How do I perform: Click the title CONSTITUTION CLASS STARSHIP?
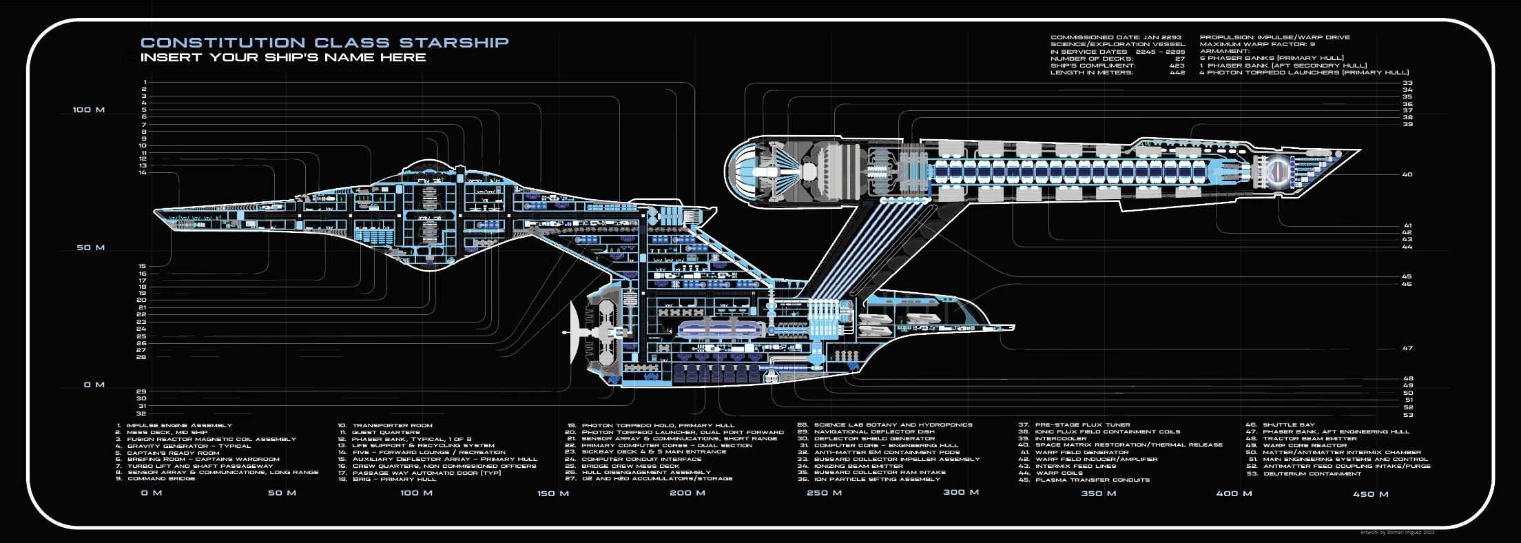point(324,43)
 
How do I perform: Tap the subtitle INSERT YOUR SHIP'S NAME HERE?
point(283,57)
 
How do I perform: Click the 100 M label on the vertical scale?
point(89,110)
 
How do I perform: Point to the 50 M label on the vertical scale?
point(90,247)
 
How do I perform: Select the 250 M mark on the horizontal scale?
point(824,493)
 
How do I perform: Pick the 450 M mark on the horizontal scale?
point(1370,494)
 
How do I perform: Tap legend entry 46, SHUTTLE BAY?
point(1288,425)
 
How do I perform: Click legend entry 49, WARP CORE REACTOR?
point(1304,445)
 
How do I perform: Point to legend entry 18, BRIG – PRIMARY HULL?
point(393,479)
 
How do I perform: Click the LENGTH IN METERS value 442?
point(1177,72)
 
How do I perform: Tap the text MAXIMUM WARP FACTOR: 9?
point(1256,44)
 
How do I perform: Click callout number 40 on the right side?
point(1407,174)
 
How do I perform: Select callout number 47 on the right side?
point(1407,348)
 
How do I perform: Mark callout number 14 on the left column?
point(143,172)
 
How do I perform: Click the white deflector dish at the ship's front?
point(575,332)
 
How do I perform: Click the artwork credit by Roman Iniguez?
point(1397,532)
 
